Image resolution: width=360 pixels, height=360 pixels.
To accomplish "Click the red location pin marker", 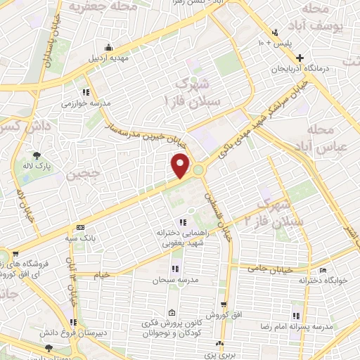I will [x=181, y=166].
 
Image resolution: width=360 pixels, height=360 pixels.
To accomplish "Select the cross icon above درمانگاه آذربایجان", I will [x=300, y=58].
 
